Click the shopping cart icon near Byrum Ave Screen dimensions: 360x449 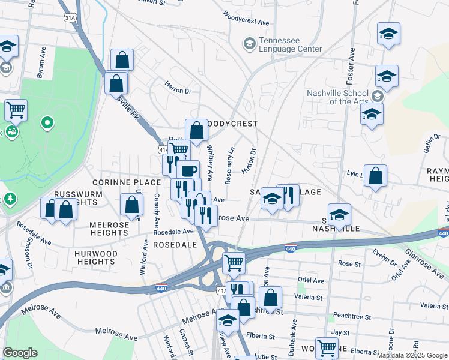16,110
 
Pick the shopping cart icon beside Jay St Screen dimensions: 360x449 327,347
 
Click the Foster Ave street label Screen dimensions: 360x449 351,56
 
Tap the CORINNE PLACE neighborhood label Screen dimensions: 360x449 127,182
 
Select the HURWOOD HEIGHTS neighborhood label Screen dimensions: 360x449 96,257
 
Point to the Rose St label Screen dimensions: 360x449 349,263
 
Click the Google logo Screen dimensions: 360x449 20,353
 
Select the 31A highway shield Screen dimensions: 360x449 71,19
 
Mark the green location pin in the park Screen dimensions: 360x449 47,124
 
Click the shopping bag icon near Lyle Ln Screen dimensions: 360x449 375,176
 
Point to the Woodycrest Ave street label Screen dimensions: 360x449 246,18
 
